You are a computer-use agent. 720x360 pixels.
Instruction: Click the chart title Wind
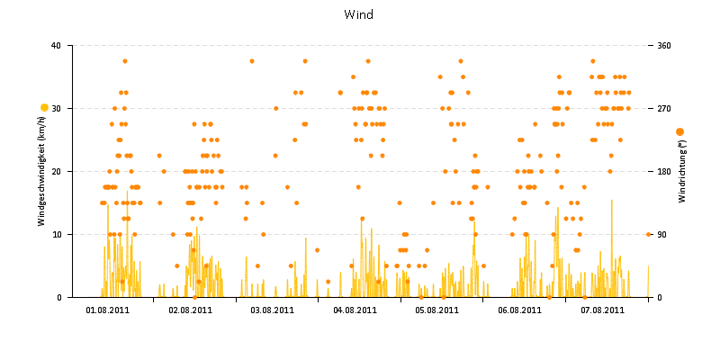[x=359, y=15]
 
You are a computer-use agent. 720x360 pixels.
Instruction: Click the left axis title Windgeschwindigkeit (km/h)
[x=41, y=171]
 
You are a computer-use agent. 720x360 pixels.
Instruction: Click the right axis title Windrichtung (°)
[x=682, y=171]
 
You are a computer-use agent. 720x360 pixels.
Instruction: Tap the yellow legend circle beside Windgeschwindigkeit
[x=44, y=108]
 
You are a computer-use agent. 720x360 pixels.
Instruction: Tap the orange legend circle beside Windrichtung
[x=679, y=131]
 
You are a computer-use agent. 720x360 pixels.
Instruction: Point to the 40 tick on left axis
[x=56, y=46]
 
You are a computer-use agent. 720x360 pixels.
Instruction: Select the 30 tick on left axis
[x=56, y=109]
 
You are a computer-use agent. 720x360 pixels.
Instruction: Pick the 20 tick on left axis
[x=56, y=172]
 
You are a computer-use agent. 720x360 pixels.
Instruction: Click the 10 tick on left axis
[x=56, y=235]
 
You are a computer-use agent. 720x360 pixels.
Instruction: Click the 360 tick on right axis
[x=664, y=46]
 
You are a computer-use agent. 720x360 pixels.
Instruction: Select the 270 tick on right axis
[x=664, y=109]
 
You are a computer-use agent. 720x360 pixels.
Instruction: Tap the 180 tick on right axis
[x=664, y=172]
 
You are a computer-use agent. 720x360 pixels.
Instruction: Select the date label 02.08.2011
[x=191, y=310]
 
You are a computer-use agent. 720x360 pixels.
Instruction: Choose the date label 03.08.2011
[x=273, y=310]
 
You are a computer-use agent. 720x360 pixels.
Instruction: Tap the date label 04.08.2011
[x=355, y=310]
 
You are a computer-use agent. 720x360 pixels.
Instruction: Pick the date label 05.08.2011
[x=437, y=310]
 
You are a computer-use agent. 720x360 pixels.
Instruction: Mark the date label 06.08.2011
[x=520, y=310]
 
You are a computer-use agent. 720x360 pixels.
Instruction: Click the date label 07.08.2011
[x=602, y=310]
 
